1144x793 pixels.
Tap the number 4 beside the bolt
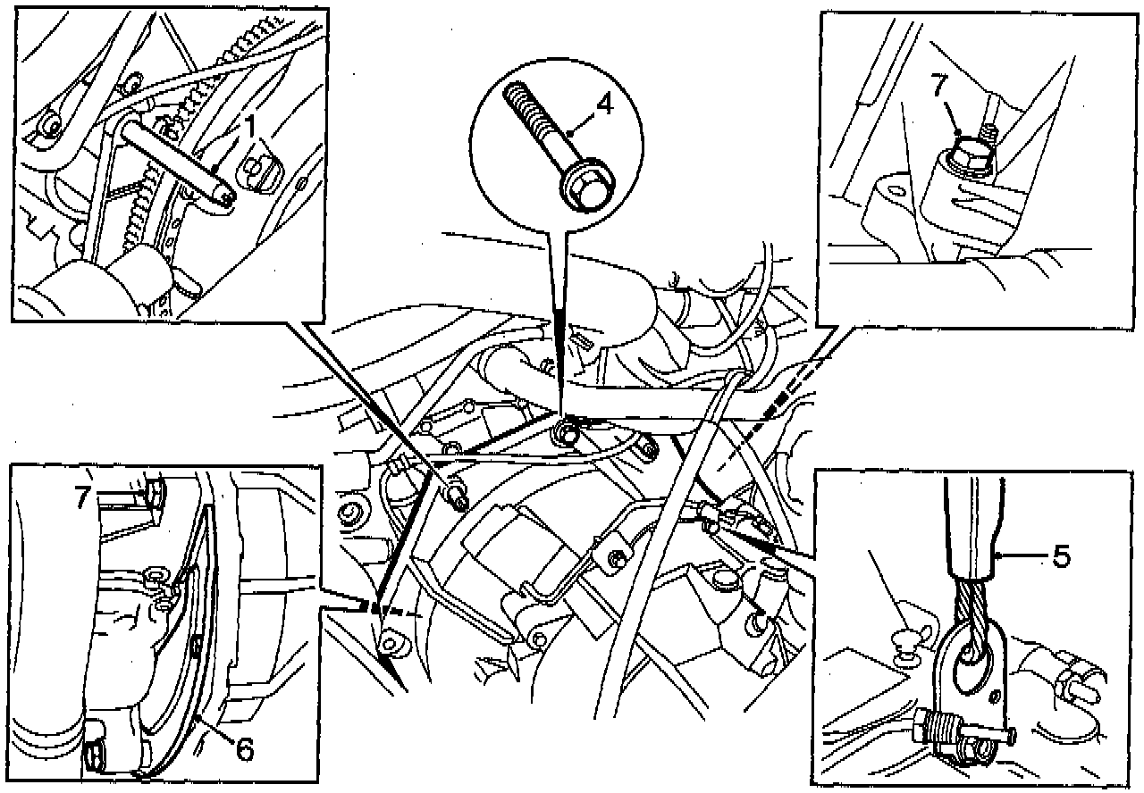click(x=604, y=104)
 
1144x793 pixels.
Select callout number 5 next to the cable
click(x=1060, y=557)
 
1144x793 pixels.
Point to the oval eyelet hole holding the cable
click(x=972, y=661)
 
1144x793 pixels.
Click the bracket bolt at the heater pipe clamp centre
click(x=616, y=561)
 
